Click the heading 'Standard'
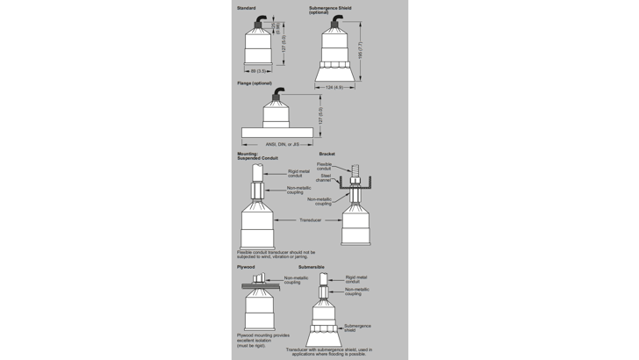(246, 8)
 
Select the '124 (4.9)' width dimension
(334, 86)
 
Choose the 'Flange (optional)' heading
(254, 83)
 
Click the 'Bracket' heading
(327, 154)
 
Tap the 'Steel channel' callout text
(325, 178)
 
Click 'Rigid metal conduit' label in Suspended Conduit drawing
(300, 173)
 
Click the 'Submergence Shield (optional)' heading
(332, 10)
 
